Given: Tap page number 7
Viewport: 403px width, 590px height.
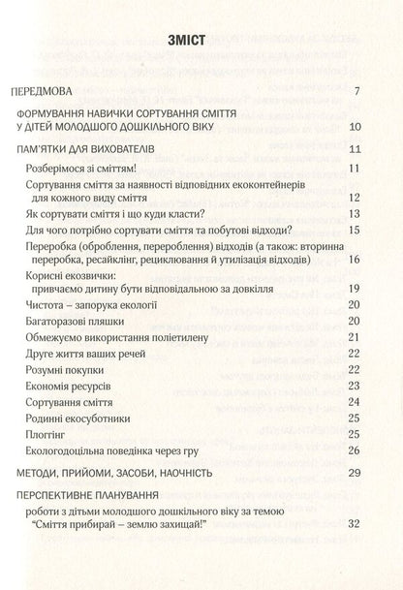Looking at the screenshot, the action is pos(357,93).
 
